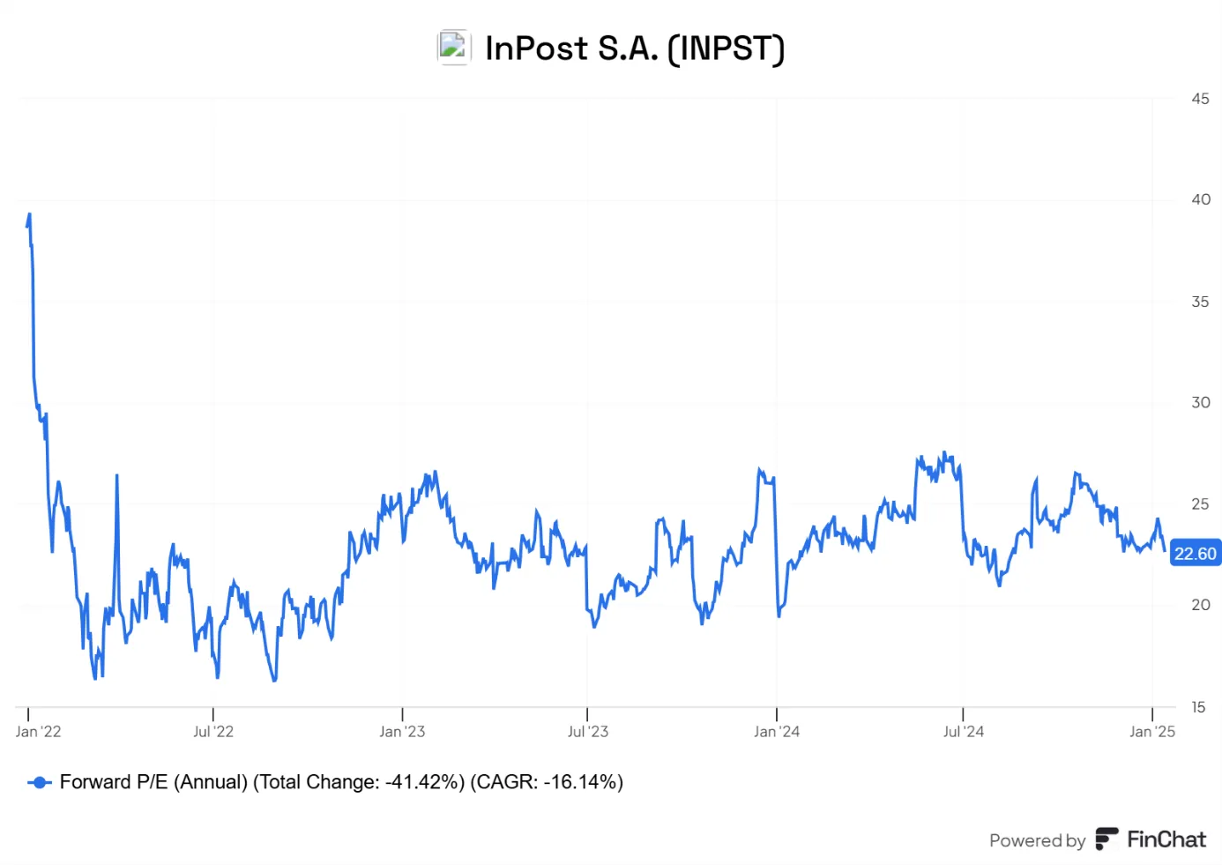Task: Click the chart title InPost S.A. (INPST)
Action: pyautogui.click(x=635, y=48)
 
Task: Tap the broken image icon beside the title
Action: pyautogui.click(x=453, y=48)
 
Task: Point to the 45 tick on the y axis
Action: pyautogui.click(x=1200, y=99)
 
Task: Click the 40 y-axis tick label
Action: pyautogui.click(x=1200, y=200)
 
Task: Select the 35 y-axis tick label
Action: pyautogui.click(x=1200, y=302)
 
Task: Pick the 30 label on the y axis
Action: pyautogui.click(x=1200, y=403)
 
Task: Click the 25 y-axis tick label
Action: pyautogui.click(x=1200, y=503)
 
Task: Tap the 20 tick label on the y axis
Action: pyautogui.click(x=1200, y=605)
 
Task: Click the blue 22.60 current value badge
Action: pyautogui.click(x=1196, y=554)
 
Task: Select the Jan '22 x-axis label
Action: pyautogui.click(x=38, y=731)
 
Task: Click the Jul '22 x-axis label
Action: pyautogui.click(x=213, y=731)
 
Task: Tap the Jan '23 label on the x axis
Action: pyautogui.click(x=402, y=731)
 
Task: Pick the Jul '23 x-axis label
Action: pyautogui.click(x=587, y=731)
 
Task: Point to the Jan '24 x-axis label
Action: pyautogui.click(x=777, y=731)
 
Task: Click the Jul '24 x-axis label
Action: pyautogui.click(x=964, y=731)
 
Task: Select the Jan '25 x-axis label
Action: pyautogui.click(x=1152, y=731)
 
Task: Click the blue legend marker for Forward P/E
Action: pyautogui.click(x=40, y=783)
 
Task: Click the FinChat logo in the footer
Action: pyautogui.click(x=1151, y=840)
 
